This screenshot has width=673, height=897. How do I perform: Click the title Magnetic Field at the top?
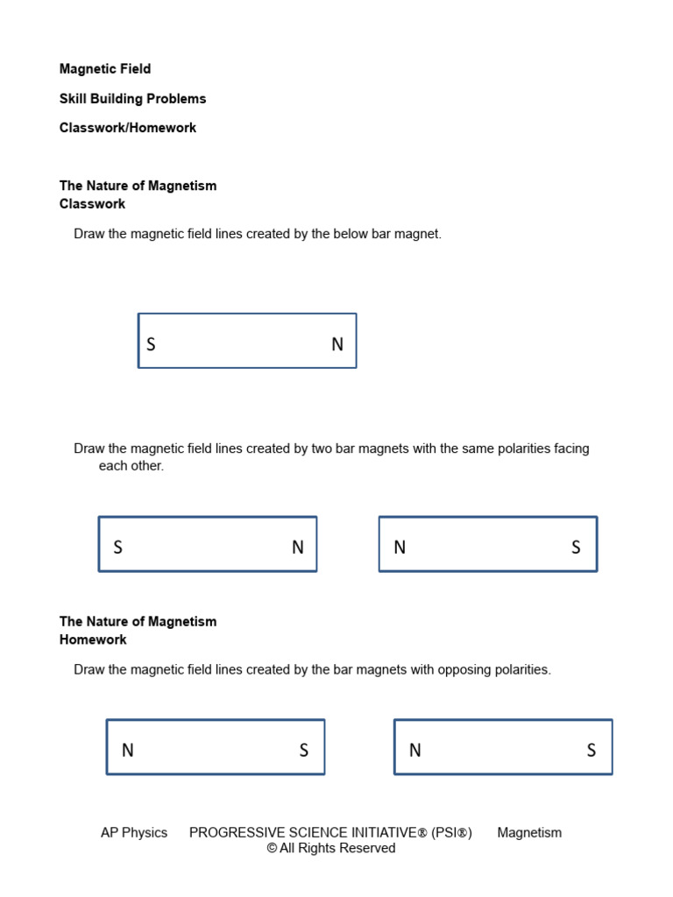click(105, 69)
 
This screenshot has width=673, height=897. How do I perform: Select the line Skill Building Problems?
click(132, 99)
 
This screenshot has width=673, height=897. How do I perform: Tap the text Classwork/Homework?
click(128, 128)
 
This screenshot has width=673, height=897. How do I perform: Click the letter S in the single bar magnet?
click(151, 344)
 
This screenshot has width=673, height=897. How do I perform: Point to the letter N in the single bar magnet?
click(337, 344)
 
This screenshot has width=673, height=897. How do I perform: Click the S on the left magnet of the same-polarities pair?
click(117, 547)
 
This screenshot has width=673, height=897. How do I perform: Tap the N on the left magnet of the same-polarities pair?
click(298, 547)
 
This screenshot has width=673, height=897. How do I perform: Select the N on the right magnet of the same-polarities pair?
click(400, 547)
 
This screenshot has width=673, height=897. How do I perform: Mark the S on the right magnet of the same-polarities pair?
click(576, 547)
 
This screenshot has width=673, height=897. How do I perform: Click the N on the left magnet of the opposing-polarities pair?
click(128, 751)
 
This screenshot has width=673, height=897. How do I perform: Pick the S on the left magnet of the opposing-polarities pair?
click(304, 751)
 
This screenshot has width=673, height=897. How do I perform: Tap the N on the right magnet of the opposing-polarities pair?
click(415, 751)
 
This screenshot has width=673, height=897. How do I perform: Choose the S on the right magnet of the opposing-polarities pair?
click(592, 751)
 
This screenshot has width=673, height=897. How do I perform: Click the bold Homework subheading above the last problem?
click(93, 639)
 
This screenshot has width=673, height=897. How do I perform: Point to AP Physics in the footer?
click(134, 833)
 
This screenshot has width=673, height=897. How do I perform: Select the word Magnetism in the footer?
click(529, 833)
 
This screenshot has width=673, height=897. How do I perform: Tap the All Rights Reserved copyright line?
click(331, 849)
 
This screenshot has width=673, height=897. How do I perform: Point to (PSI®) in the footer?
click(451, 833)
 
